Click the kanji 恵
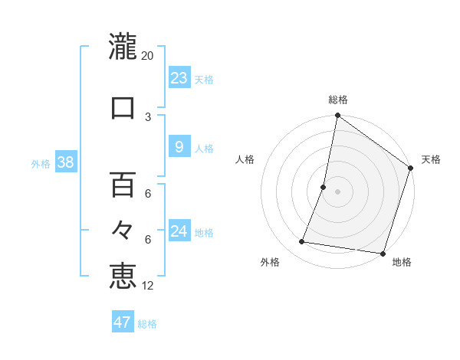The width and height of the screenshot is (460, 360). (x=123, y=275)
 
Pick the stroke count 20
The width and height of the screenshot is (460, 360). (x=148, y=56)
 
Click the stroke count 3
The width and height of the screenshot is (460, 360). (x=148, y=116)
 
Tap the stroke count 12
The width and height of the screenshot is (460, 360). (x=148, y=286)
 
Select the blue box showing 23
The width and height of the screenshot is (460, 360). (x=179, y=78)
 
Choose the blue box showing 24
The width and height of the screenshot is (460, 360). (x=179, y=231)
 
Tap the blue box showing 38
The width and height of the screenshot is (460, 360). (x=66, y=162)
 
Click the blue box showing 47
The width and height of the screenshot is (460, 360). (x=123, y=322)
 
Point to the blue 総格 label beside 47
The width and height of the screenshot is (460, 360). (x=147, y=324)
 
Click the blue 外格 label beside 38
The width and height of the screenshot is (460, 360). (x=41, y=163)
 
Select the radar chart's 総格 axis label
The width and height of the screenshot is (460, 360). (x=338, y=100)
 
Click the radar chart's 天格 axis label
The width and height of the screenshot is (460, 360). (x=431, y=159)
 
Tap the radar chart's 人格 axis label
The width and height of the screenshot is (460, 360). (x=245, y=159)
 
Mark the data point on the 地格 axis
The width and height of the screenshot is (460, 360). (x=383, y=253)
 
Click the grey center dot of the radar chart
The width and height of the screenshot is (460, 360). (x=337, y=191)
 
